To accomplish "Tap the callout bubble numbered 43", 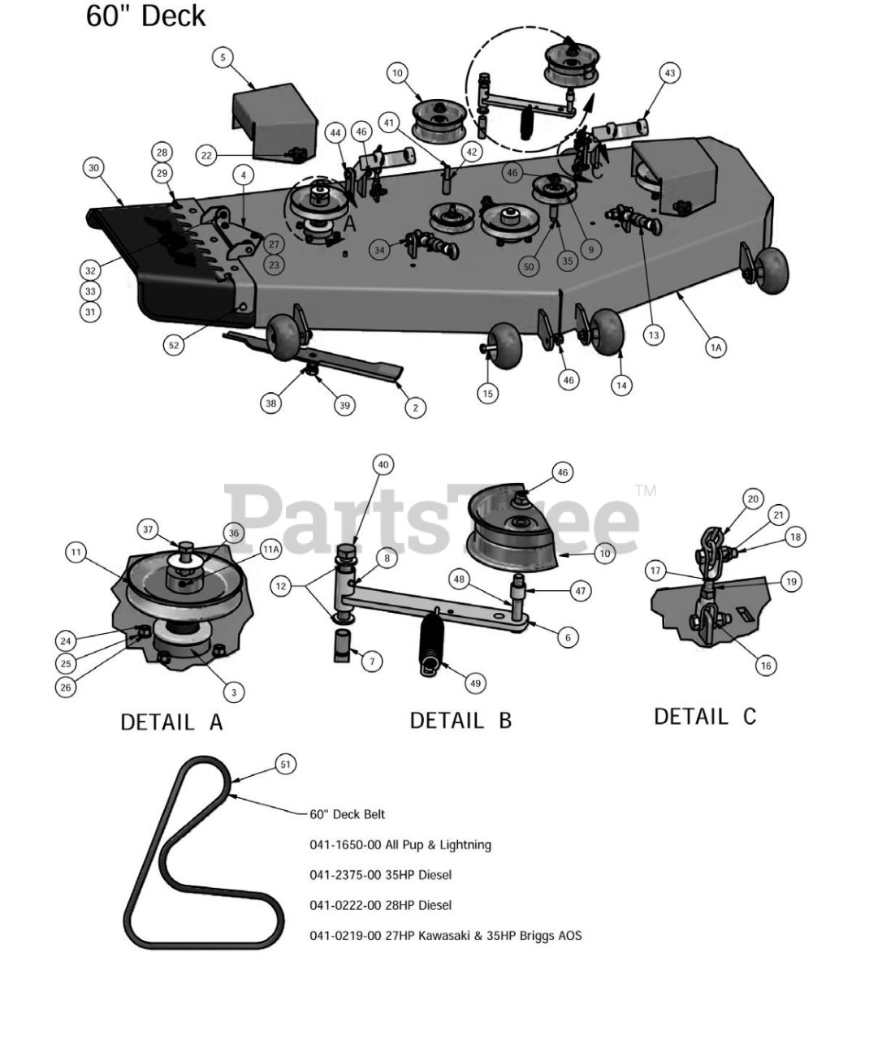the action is pyautogui.click(x=669, y=73).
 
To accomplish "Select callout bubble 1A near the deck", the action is pyautogui.click(x=716, y=347).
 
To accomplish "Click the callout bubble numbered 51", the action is pyautogui.click(x=285, y=764).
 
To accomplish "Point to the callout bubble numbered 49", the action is pyautogui.click(x=475, y=683).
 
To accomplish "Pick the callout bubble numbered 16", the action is pyautogui.click(x=765, y=666).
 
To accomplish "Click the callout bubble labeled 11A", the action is pyautogui.click(x=270, y=549).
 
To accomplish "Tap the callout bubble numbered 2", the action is pyautogui.click(x=415, y=407).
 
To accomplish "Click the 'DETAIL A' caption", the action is pyautogui.click(x=171, y=721).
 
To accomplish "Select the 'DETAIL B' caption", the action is pyautogui.click(x=460, y=720).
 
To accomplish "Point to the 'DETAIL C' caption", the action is pyautogui.click(x=704, y=716).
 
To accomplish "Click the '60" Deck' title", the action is pyautogui.click(x=145, y=16).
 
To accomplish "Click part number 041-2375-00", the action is pyautogui.click(x=341, y=875).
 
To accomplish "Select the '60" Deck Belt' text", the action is pyautogui.click(x=348, y=814).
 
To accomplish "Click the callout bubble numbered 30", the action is pyautogui.click(x=93, y=168).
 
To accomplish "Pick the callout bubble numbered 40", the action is pyautogui.click(x=383, y=465).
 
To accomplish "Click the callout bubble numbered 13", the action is pyautogui.click(x=654, y=334).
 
